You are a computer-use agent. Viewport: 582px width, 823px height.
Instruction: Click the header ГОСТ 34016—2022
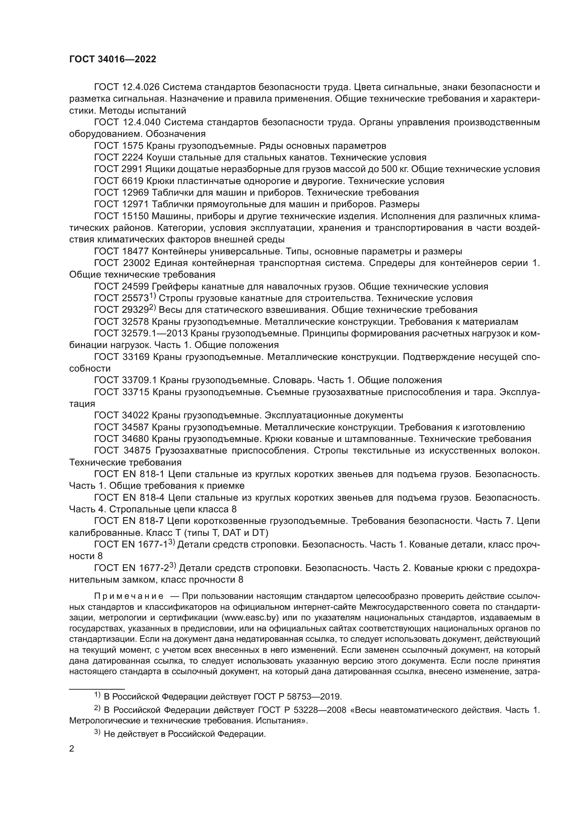pyautogui.click(x=113, y=59)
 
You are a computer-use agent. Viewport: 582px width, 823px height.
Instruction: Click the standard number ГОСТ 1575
pyautogui.click(x=119, y=146)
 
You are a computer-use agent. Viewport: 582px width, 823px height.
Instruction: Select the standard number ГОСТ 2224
pyautogui.click(x=119, y=157)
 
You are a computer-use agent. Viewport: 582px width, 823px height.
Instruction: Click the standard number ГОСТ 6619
pyautogui.click(x=119, y=181)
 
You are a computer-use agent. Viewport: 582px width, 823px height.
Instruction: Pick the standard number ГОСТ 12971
pyautogui.click(x=121, y=204)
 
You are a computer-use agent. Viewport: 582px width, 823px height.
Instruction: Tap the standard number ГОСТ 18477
pyautogui.click(x=121, y=251)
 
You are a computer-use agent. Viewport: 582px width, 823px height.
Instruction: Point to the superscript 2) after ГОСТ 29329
pyautogui.click(x=153, y=308)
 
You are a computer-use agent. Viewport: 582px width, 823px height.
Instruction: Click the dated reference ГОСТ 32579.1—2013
pyautogui.click(x=141, y=333)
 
